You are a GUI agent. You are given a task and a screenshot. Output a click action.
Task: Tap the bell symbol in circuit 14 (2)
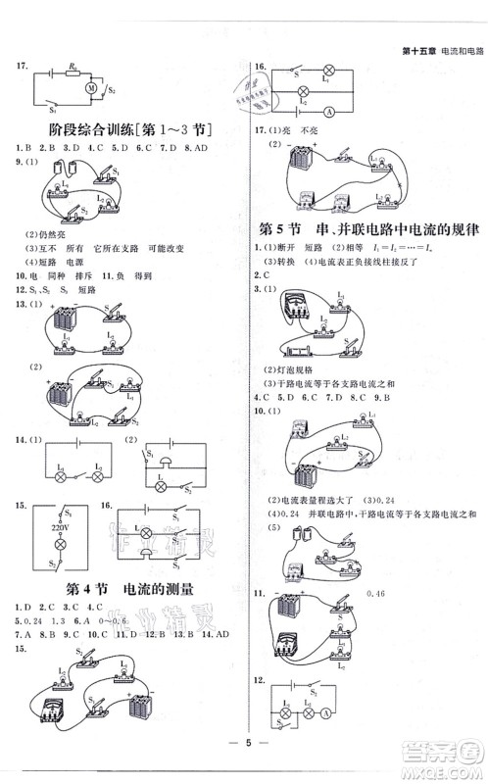166,461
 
